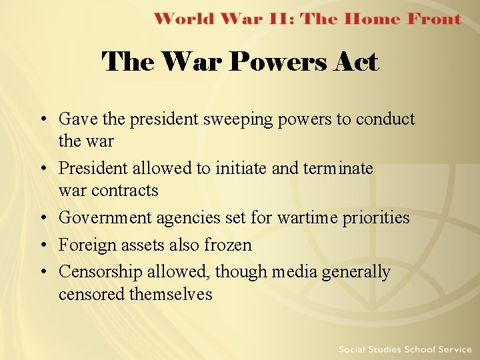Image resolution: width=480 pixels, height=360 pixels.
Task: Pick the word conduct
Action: [385, 119]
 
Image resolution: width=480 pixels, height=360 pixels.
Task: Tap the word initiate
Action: [242, 169]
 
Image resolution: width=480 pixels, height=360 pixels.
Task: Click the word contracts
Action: [125, 191]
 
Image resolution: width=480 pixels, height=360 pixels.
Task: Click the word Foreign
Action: [84, 245]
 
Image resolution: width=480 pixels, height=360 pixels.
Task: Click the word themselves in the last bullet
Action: [171, 294]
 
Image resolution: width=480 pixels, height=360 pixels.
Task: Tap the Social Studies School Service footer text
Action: [404, 349]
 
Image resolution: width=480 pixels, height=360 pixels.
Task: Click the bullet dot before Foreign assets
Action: [43, 246]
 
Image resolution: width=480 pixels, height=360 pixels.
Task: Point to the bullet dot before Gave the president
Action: [43, 120]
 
